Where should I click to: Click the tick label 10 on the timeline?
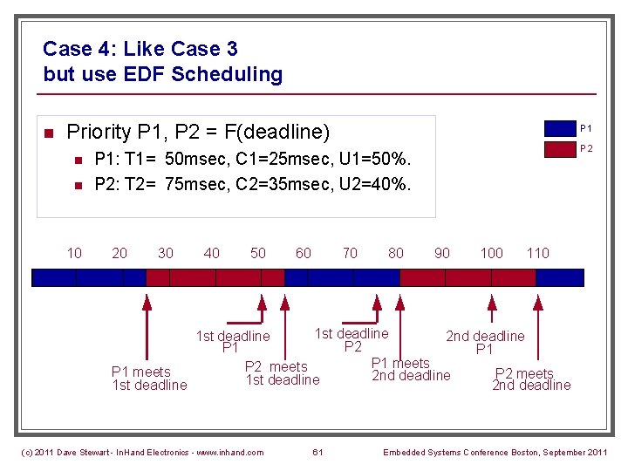75,253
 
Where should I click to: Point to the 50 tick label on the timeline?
258,253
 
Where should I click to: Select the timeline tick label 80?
396,253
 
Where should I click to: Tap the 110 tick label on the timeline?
538,253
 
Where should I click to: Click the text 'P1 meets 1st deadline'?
149,379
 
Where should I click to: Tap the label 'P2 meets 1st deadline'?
282,373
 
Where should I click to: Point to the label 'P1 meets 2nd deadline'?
410,369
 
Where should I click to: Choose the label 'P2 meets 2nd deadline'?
530,379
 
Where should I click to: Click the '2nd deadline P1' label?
485,343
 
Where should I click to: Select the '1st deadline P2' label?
352,340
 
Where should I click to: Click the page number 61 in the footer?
317,452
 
